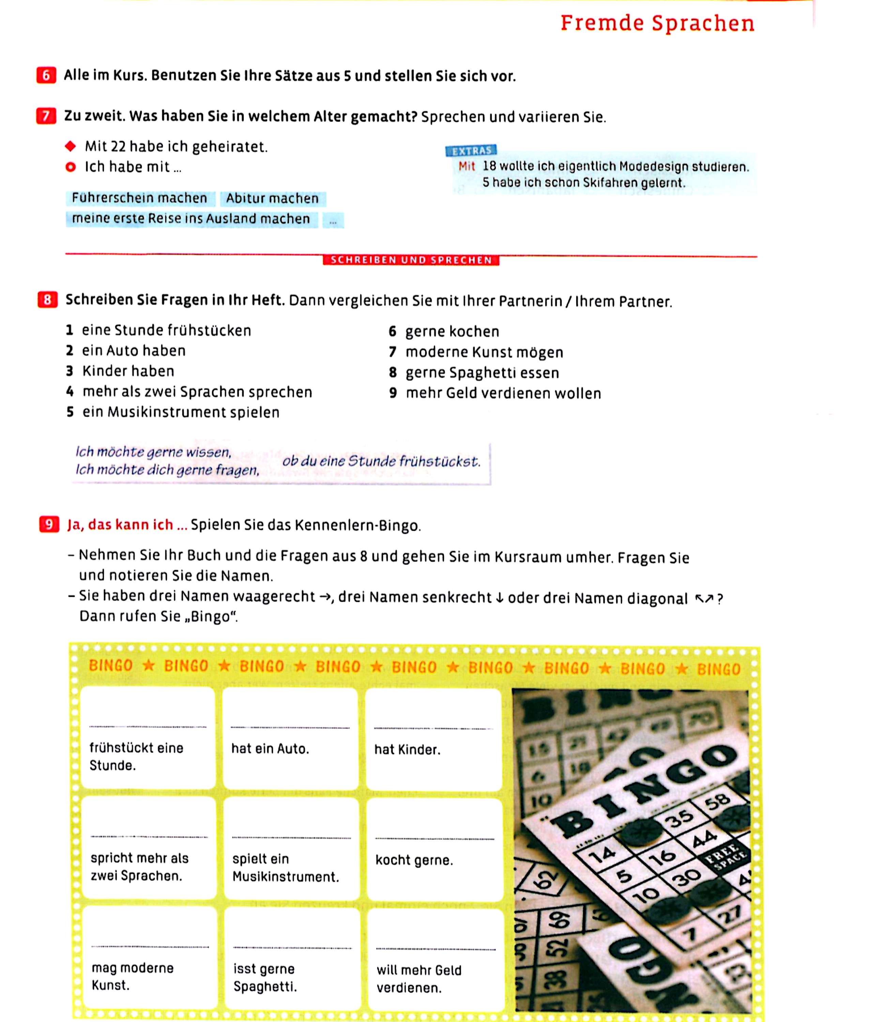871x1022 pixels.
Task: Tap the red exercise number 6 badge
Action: point(46,76)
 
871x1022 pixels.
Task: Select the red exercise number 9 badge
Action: point(49,524)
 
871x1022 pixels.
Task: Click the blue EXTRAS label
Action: point(471,151)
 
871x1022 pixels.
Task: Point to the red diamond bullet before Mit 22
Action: point(71,146)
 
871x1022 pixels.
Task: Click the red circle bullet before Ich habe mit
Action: point(71,167)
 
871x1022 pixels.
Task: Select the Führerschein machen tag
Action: point(140,198)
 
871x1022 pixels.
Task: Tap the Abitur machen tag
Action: point(272,199)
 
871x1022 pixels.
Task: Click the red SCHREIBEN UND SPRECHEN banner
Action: point(411,260)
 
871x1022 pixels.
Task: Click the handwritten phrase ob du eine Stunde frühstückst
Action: point(381,462)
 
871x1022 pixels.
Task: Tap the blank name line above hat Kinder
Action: point(433,728)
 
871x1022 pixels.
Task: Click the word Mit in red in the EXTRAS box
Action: point(467,166)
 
